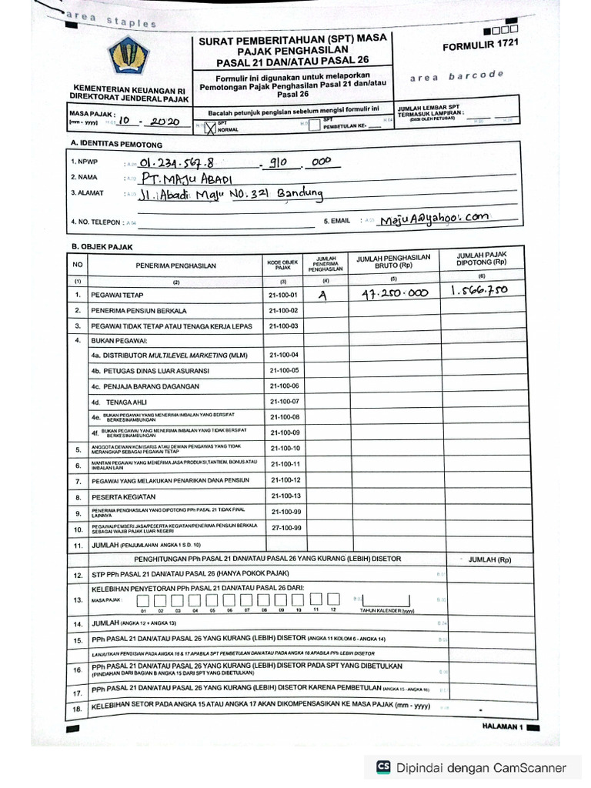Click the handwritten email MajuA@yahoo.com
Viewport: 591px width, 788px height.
pyautogui.click(x=433, y=219)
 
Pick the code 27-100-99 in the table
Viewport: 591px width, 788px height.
pyautogui.click(x=285, y=528)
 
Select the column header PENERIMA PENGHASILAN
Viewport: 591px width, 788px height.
pyautogui.click(x=176, y=265)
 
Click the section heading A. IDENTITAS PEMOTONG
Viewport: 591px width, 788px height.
pyautogui.click(x=116, y=145)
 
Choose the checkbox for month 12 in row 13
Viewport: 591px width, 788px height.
pyautogui.click(x=332, y=598)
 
